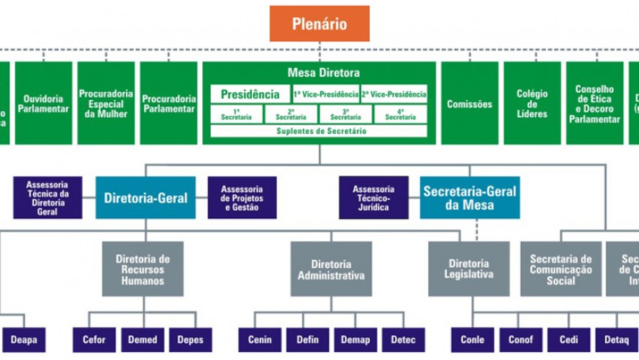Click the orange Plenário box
(x=319, y=24)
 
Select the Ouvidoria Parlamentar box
(x=44, y=104)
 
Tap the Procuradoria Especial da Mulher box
(x=106, y=104)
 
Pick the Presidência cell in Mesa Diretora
(x=250, y=94)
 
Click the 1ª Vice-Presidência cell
(x=326, y=94)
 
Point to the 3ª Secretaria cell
(x=346, y=114)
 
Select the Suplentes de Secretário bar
(x=319, y=131)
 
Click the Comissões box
(x=470, y=104)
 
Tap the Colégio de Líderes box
(x=532, y=104)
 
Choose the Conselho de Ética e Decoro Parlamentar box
(x=594, y=104)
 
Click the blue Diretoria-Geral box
(x=145, y=198)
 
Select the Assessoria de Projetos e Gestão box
(x=243, y=198)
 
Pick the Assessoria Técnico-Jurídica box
(x=374, y=198)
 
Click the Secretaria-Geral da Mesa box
(x=470, y=198)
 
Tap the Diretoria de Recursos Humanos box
(x=142, y=269)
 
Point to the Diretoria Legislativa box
(x=469, y=269)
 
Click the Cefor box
(x=94, y=340)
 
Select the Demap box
(x=355, y=340)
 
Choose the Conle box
(x=473, y=340)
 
